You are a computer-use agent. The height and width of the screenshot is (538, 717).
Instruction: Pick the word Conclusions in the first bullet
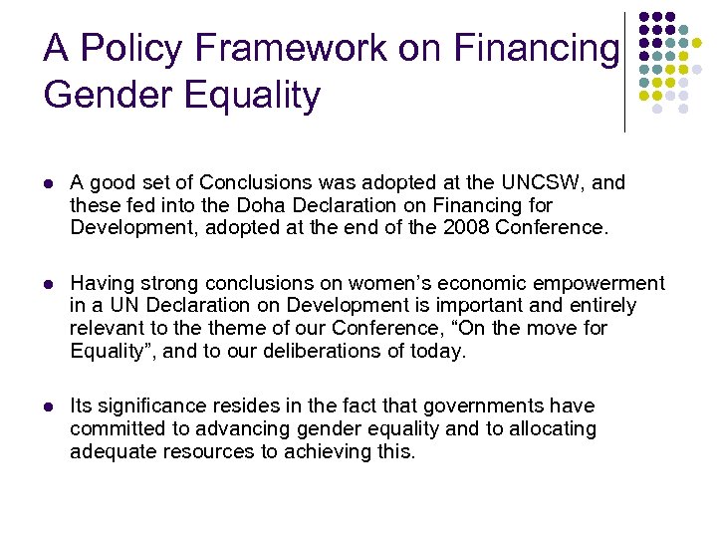258,182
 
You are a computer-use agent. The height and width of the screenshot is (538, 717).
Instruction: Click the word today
438,351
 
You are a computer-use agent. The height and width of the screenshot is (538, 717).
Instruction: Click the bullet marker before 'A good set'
48,183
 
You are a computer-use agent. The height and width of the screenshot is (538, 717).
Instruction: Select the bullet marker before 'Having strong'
48,284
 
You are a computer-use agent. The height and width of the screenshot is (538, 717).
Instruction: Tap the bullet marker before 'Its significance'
48,406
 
